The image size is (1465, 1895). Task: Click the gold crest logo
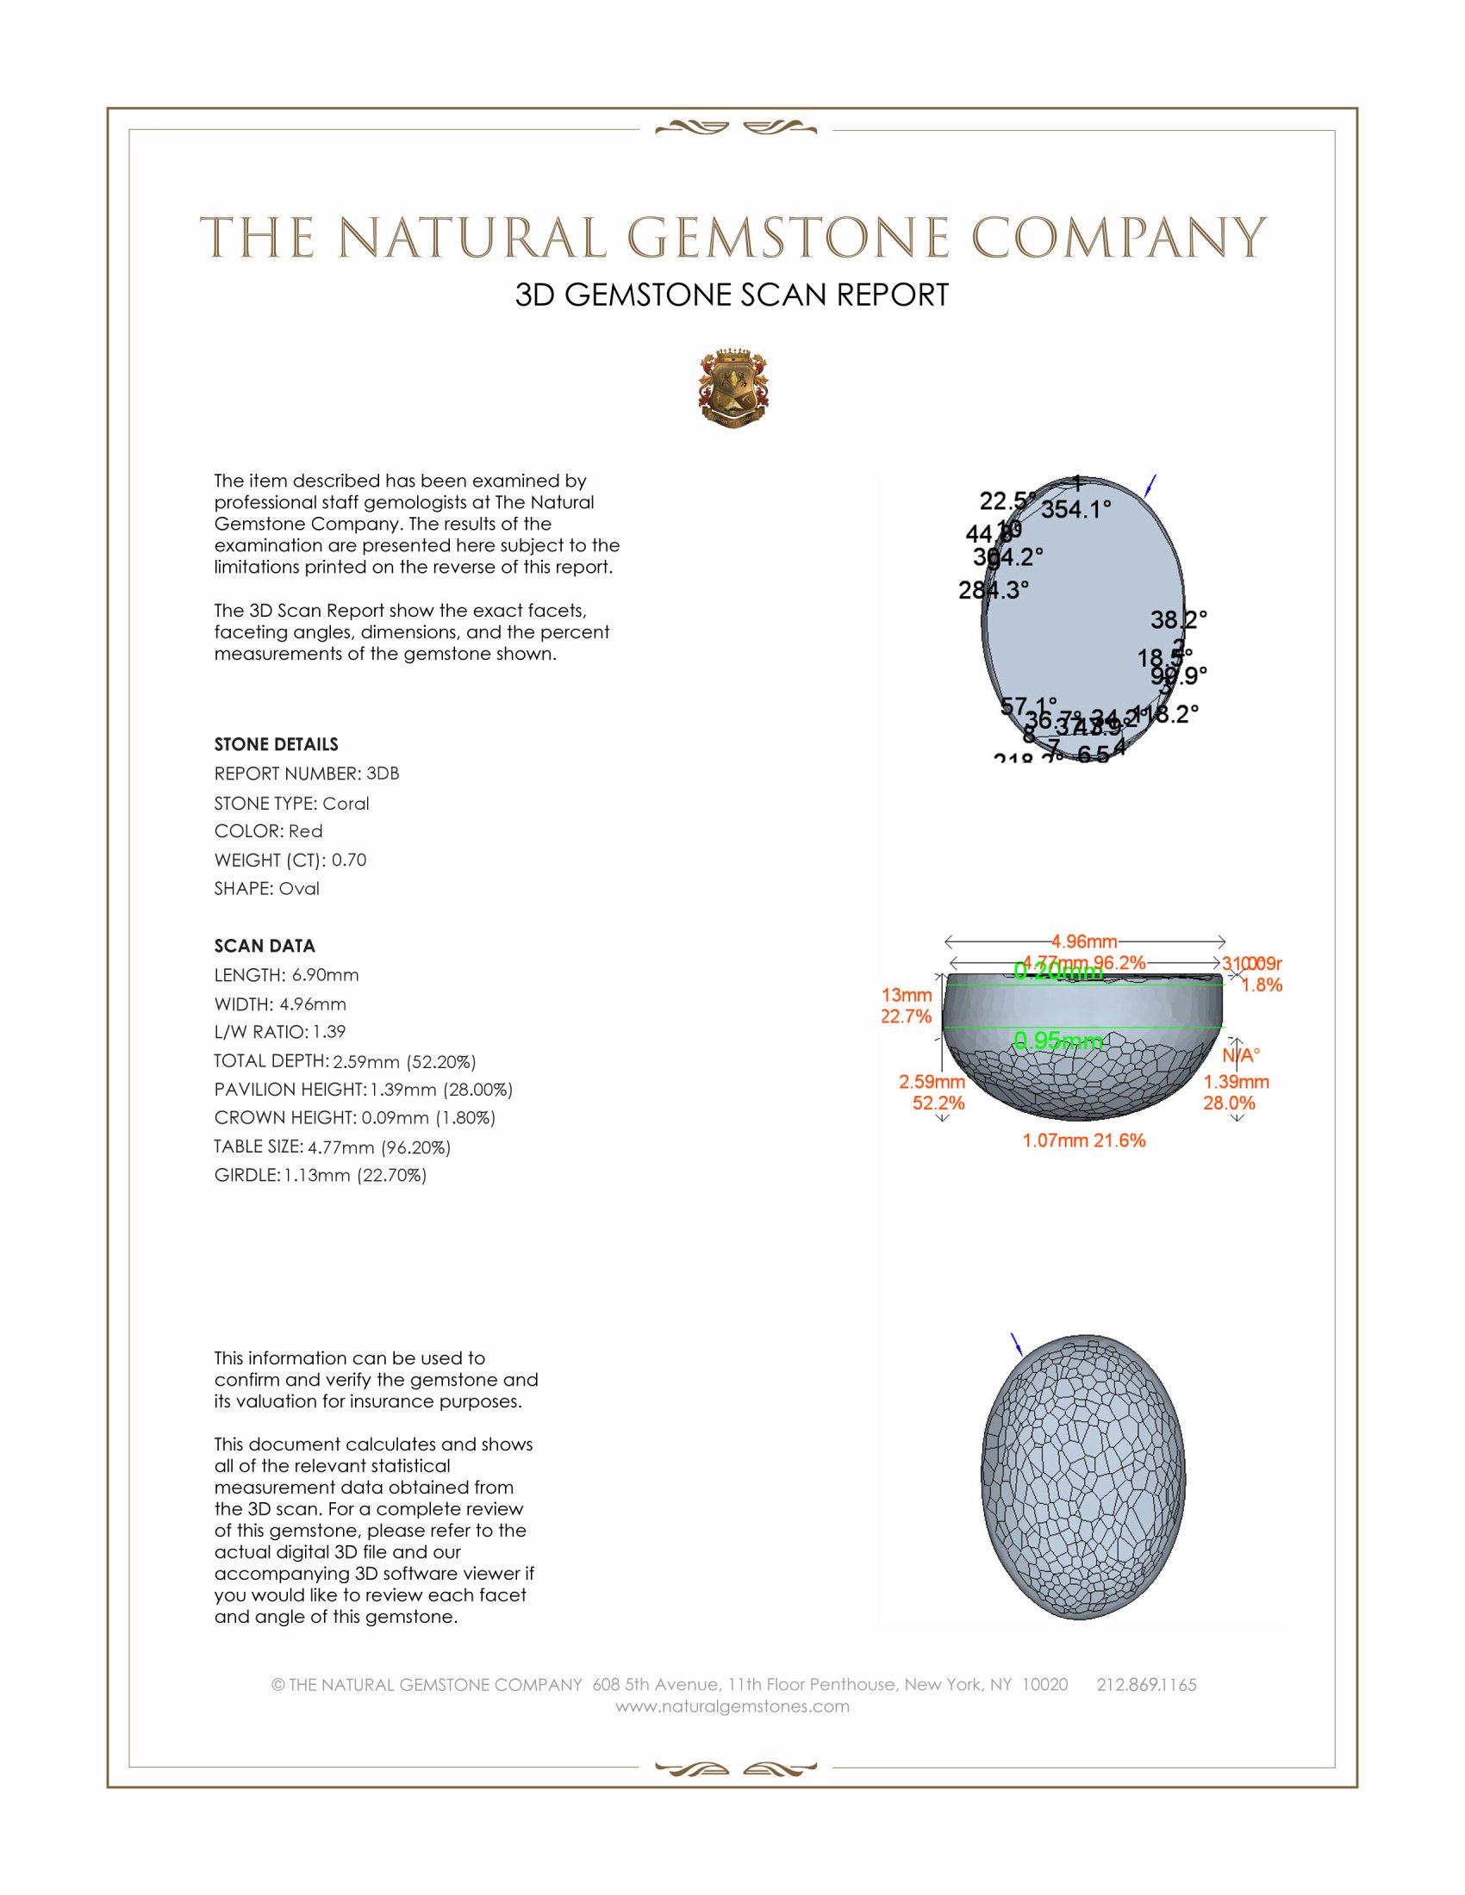733,389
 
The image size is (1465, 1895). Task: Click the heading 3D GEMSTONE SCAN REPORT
732,295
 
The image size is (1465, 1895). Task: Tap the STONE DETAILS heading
276,744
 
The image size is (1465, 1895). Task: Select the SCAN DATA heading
265,946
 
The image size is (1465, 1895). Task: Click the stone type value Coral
346,804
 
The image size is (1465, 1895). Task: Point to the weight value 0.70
349,860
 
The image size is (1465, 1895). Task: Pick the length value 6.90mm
325,975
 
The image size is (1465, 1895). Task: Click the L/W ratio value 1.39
329,1032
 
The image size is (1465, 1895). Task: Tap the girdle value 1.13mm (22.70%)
355,1176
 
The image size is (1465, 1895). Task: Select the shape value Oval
298,889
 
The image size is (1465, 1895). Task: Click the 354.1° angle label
1076,509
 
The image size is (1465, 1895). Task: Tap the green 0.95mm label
1058,1040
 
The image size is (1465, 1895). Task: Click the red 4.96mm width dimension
1084,941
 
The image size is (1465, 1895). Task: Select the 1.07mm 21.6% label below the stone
1084,1140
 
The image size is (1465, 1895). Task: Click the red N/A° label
1241,1055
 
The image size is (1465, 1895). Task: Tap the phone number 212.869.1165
1146,1684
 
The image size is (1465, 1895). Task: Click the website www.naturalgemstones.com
732,1705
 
